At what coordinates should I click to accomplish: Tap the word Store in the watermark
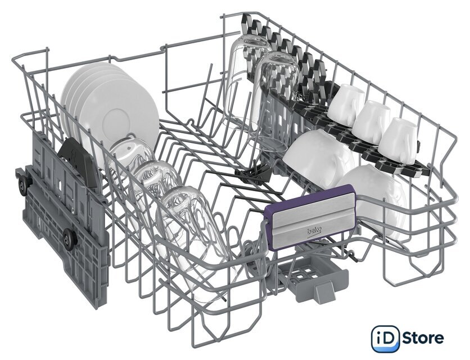point(423,339)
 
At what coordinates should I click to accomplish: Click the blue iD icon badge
point(386,339)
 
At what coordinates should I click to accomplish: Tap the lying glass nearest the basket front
point(195,237)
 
